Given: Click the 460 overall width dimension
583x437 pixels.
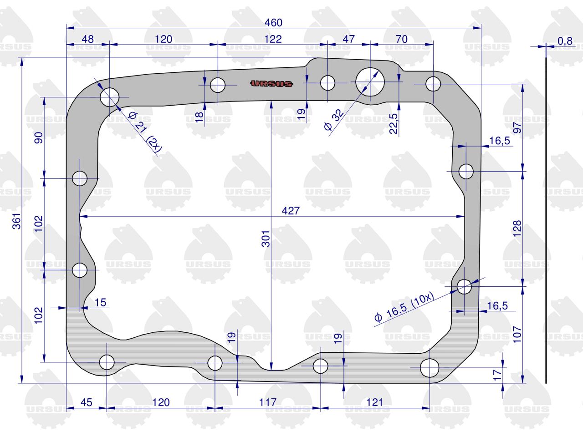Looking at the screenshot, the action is [273, 23].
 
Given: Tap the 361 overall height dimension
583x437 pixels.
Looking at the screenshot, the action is [17, 221].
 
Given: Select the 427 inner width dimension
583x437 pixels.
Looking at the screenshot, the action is [291, 211].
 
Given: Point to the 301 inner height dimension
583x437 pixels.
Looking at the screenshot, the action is [266, 239].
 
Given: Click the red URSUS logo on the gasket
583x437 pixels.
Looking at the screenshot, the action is [271, 84].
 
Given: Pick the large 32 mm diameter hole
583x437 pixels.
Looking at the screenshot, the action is [370, 82].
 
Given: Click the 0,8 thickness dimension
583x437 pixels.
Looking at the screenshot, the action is [565, 41].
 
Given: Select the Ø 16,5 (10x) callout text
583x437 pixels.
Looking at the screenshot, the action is [404, 307].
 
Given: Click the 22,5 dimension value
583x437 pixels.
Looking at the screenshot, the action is [394, 124].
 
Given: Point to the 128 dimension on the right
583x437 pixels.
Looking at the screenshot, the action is [517, 229].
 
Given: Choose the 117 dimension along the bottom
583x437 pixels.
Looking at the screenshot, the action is [268, 402].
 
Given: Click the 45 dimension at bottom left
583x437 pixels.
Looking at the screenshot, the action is [87, 402].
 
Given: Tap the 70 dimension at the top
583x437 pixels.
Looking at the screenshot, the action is [402, 39].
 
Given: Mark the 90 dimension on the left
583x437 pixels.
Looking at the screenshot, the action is [39, 138].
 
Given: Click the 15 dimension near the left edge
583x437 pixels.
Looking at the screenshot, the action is [100, 302].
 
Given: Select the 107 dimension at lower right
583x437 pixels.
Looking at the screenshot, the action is [517, 335].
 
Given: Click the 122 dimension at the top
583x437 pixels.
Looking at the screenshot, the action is [273, 39].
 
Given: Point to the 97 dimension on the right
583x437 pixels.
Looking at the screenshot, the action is [517, 127].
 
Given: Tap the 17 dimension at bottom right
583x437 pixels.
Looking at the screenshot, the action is [497, 375].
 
